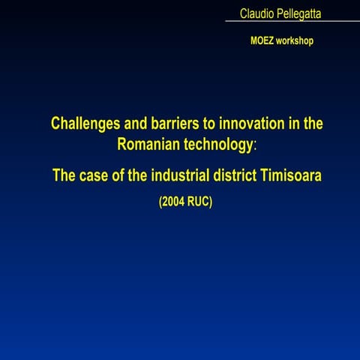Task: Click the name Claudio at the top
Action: [x=256, y=13]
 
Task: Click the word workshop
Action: [x=295, y=40]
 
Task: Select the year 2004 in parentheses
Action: [x=174, y=202]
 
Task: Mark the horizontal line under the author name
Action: [x=292, y=21]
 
